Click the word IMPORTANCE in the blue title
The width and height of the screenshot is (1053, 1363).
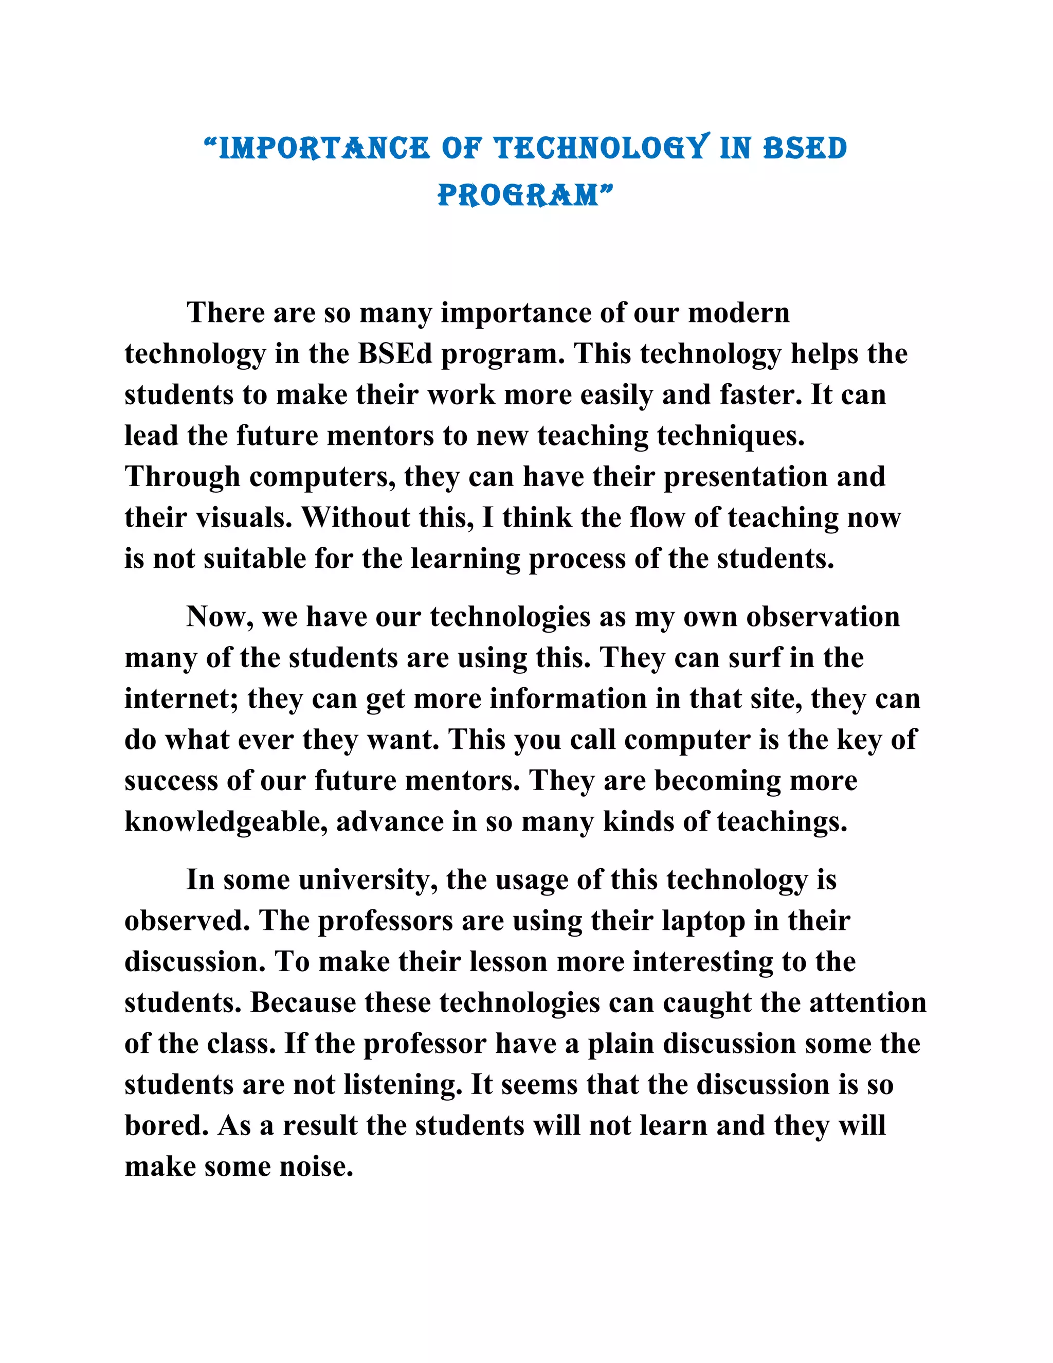click(324, 149)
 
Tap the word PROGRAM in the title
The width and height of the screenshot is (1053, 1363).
click(518, 195)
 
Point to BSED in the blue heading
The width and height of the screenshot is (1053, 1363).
click(805, 149)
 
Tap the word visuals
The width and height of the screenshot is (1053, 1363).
click(244, 517)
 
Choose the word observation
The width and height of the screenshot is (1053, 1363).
click(823, 617)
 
